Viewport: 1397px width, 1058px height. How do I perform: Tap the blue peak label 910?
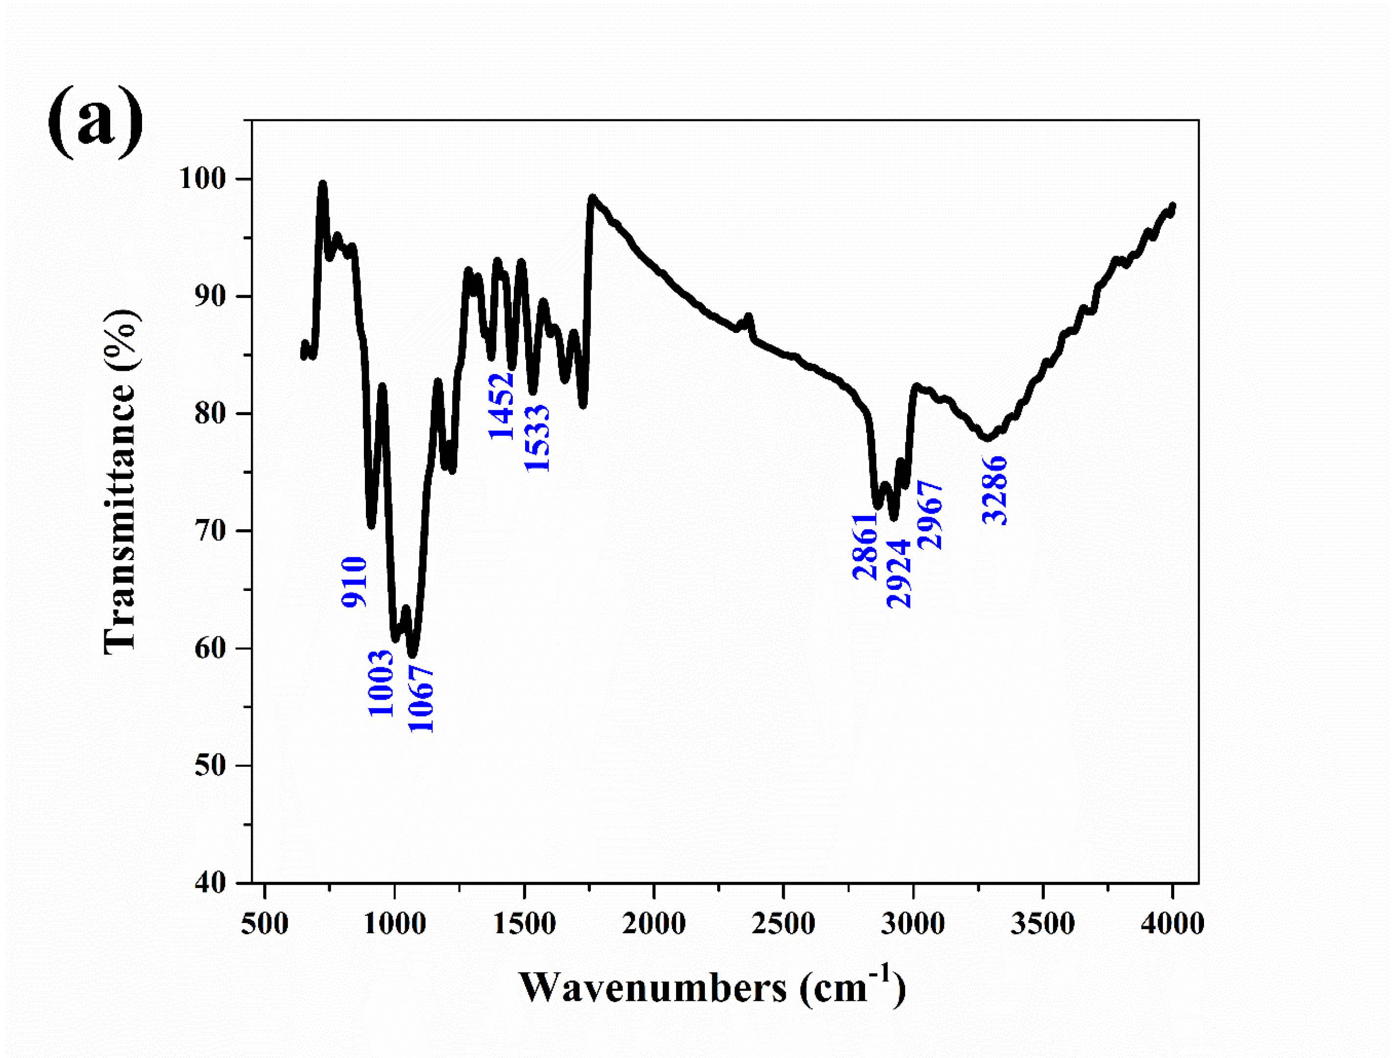point(354,582)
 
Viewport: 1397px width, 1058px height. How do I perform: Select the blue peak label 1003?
point(381,683)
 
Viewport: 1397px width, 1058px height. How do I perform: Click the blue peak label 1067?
point(421,699)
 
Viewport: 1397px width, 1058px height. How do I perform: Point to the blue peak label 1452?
point(502,406)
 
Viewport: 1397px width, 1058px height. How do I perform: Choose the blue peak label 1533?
point(537,439)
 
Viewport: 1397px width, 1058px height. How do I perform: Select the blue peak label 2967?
point(930,515)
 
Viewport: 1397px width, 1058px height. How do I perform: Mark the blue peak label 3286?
point(995,491)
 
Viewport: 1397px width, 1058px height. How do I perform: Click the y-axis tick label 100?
point(203,179)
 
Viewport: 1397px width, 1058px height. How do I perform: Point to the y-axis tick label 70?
point(210,531)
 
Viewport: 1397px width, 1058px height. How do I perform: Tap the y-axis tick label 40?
point(210,883)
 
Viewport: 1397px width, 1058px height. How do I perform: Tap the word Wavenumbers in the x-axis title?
point(652,988)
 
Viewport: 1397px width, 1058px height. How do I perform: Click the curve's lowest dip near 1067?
point(412,654)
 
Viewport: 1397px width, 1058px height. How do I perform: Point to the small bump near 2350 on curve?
point(748,318)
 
